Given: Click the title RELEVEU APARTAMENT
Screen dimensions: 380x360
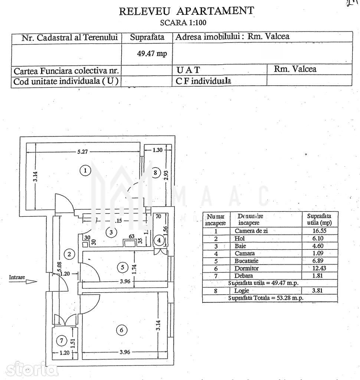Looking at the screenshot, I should click(186, 11).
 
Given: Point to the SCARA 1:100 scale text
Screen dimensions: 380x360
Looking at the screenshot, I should click(183, 22).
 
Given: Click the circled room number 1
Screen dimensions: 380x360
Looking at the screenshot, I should click(85, 171).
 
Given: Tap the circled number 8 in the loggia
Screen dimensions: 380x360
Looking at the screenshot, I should click(156, 172).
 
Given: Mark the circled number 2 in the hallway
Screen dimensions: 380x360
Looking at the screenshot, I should click(69, 254).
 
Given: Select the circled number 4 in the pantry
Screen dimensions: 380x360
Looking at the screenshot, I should click(159, 240).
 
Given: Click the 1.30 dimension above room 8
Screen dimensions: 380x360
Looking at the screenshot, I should click(158, 150).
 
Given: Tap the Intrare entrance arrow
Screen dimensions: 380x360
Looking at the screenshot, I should click(31, 282).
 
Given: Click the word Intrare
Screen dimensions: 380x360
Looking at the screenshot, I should click(17, 277).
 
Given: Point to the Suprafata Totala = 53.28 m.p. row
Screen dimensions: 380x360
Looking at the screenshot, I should click(266, 298).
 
